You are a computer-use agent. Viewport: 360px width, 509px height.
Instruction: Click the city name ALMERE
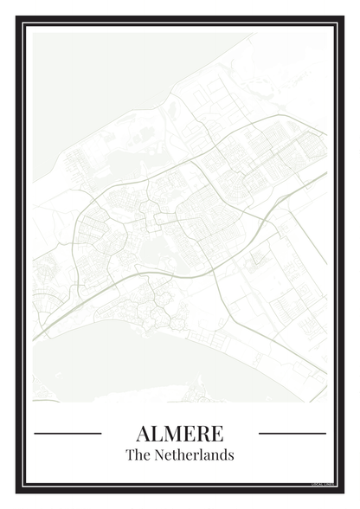coord(179,433)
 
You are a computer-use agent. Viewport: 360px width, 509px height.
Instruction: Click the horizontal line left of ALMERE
coord(67,433)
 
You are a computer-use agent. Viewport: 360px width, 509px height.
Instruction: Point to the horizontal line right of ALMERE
coord(292,433)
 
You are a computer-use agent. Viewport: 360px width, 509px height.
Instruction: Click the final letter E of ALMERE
coord(216,433)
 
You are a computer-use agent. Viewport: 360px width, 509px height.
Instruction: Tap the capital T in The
coord(130,454)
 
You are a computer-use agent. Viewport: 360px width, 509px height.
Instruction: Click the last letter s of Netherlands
coord(231,455)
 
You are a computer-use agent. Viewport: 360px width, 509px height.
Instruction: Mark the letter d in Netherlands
coord(224,454)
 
